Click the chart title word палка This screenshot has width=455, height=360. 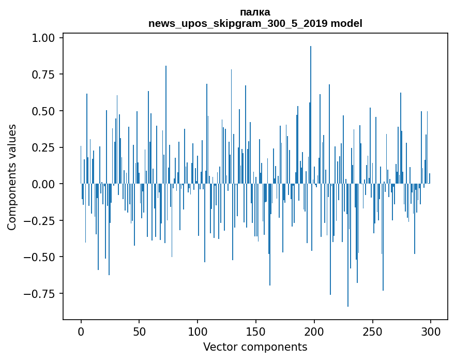[x=255, y=12]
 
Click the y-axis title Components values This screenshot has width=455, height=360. [x=12, y=177]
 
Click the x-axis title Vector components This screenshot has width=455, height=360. [x=255, y=347]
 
